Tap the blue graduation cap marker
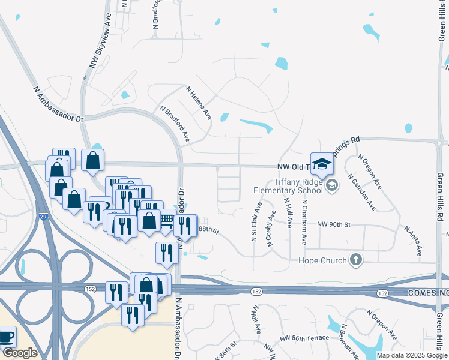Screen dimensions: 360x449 click(x=322, y=164)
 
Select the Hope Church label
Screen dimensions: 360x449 click(x=323, y=260)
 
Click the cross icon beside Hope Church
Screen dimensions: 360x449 click(x=356, y=260)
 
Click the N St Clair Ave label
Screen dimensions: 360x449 click(x=256, y=222)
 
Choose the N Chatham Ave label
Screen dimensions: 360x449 click(x=304, y=223)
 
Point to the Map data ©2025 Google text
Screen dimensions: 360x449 click(x=412, y=355)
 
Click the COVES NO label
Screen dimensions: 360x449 click(x=428, y=292)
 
